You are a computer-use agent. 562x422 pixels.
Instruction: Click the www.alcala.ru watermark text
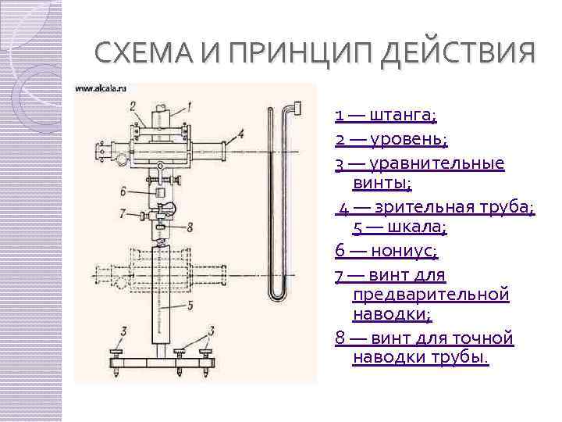101,89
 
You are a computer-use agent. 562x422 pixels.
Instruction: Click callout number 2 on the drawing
133,105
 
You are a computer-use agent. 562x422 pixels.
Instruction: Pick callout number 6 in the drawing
123,191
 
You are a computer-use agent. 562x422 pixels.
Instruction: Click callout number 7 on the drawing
123,213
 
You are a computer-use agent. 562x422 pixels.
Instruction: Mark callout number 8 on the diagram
190,227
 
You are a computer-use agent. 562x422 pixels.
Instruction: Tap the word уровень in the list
407,140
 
